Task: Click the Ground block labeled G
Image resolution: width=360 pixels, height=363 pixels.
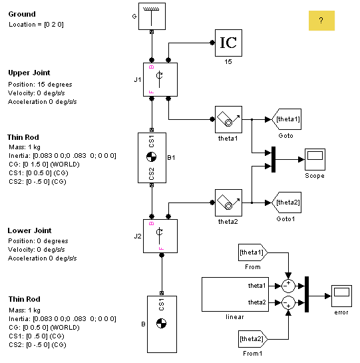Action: (x=152, y=16)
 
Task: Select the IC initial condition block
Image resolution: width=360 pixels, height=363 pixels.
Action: (x=229, y=43)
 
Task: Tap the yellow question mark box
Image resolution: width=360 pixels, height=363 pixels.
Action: (x=321, y=21)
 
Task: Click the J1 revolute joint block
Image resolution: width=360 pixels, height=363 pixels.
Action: (x=160, y=80)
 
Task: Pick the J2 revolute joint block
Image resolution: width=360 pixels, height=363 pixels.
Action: (x=160, y=236)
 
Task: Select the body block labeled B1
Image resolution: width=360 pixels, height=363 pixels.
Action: (x=152, y=158)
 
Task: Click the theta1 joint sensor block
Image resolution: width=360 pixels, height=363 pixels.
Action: (x=229, y=119)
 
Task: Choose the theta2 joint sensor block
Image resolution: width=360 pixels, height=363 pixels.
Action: (x=229, y=202)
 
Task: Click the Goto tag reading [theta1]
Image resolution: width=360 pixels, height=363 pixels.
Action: (x=286, y=119)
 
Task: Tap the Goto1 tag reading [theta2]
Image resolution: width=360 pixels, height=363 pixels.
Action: (x=286, y=202)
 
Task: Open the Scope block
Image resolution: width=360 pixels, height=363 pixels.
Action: (x=315, y=159)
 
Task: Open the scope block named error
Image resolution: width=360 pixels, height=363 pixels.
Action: (x=342, y=296)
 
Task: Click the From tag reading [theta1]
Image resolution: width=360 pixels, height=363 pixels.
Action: (x=253, y=252)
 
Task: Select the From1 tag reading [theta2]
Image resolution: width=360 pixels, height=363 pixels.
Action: (x=253, y=339)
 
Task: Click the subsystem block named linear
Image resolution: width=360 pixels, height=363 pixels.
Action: (x=235, y=294)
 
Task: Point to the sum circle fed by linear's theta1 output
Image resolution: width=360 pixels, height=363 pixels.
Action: (x=288, y=286)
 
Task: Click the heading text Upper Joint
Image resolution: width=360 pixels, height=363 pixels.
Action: (x=29, y=73)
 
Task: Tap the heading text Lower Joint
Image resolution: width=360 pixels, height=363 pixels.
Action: (x=30, y=230)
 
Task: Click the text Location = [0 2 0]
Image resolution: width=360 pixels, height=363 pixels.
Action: (x=36, y=25)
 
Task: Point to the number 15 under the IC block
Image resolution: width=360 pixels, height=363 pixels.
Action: (x=228, y=62)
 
